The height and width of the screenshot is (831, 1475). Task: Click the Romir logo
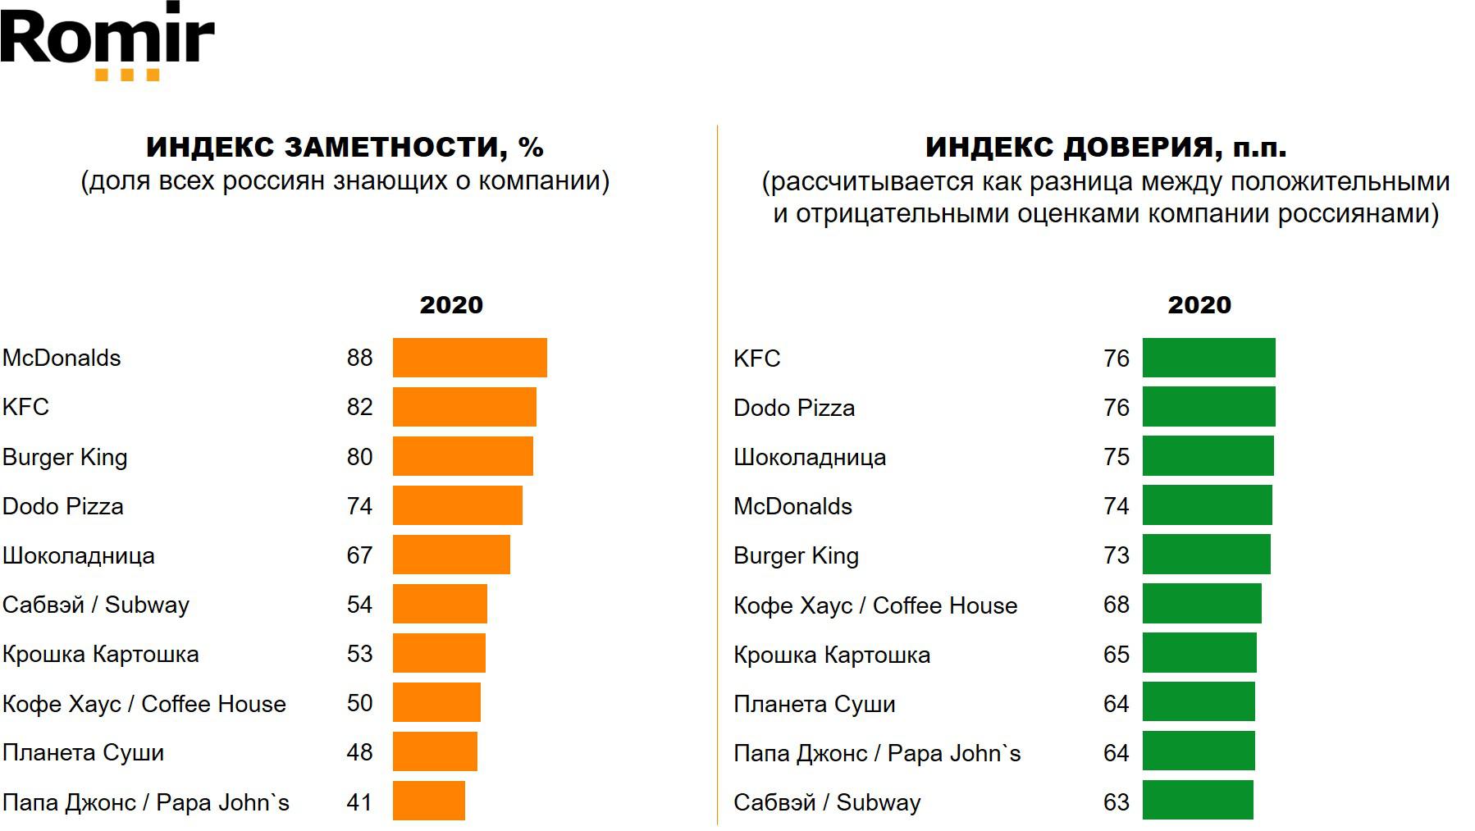pyautogui.click(x=107, y=37)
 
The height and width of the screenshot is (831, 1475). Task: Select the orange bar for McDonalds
pyautogui.click(x=469, y=358)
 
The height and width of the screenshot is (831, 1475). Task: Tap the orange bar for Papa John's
pyautogui.click(x=428, y=801)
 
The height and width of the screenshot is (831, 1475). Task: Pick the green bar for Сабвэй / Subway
pyautogui.click(x=1197, y=801)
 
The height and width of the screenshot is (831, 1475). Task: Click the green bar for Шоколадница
pyautogui.click(x=1208, y=456)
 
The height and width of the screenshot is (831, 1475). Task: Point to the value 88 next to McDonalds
pyautogui.click(x=359, y=358)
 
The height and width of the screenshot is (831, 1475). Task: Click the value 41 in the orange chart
pyautogui.click(x=359, y=801)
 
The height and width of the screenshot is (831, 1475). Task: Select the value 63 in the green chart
pyautogui.click(x=1116, y=801)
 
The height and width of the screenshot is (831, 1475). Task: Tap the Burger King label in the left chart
pyautogui.click(x=65, y=457)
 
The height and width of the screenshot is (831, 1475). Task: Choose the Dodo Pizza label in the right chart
pyautogui.click(x=794, y=408)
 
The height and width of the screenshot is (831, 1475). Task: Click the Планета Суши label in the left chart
pyautogui.click(x=83, y=752)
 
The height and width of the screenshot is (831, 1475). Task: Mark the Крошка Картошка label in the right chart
pyautogui.click(x=832, y=655)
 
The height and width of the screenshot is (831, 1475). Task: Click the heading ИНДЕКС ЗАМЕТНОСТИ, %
pyautogui.click(x=345, y=147)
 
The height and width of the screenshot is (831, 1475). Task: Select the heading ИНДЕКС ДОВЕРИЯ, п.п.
pyautogui.click(x=1105, y=147)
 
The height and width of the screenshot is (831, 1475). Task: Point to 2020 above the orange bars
pyautogui.click(x=451, y=304)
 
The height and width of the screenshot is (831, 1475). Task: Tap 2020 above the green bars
pyautogui.click(x=1199, y=304)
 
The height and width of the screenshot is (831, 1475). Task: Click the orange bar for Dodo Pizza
pyautogui.click(x=457, y=505)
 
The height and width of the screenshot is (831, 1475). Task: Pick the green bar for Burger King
pyautogui.click(x=1206, y=555)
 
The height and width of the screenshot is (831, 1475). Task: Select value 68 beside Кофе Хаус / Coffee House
pyautogui.click(x=1116, y=605)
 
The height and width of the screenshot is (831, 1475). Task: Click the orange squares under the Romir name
pyautogui.click(x=127, y=75)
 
